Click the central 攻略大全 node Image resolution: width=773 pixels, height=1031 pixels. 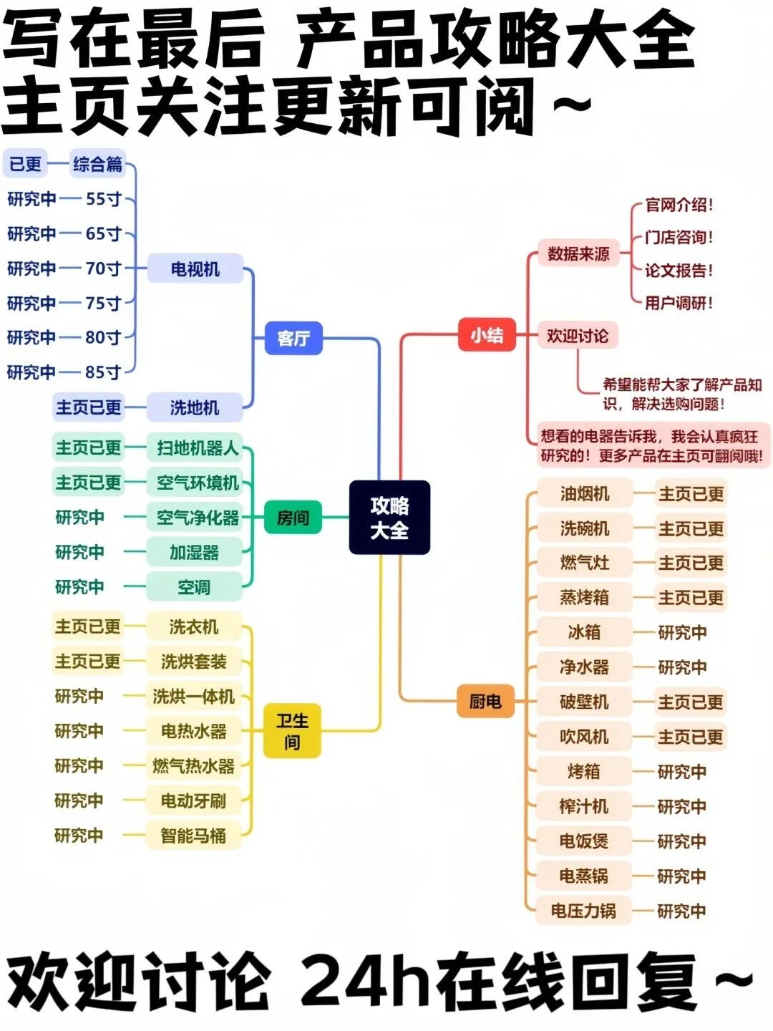pos(389,518)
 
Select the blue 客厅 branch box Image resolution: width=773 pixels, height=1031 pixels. pos(293,338)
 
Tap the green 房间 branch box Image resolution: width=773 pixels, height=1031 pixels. pos(293,518)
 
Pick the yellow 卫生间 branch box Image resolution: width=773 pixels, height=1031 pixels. pos(292,731)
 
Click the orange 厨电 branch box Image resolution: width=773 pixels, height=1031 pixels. pos(485,702)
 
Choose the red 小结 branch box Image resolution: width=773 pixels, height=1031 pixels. pos(487,335)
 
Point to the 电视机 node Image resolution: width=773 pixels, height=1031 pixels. pos(195,269)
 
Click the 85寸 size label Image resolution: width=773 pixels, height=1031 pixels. pos(103,372)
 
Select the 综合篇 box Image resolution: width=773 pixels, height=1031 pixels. pos(98,164)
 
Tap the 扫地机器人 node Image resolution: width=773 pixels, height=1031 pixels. pos(197,448)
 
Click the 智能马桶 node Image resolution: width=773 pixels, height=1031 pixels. pos(193,836)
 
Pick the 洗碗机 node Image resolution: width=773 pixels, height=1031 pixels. pos(585,528)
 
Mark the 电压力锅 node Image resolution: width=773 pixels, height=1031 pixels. pos(583,911)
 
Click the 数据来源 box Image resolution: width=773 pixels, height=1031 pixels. pos(578,253)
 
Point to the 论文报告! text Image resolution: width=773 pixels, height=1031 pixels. pos(679,271)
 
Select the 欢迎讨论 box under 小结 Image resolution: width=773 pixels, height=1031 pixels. pos(578,335)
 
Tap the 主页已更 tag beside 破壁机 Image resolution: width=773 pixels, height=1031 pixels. pos(691,702)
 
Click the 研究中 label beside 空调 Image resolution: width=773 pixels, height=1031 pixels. pos(79,587)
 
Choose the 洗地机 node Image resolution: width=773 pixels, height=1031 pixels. pos(195,407)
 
